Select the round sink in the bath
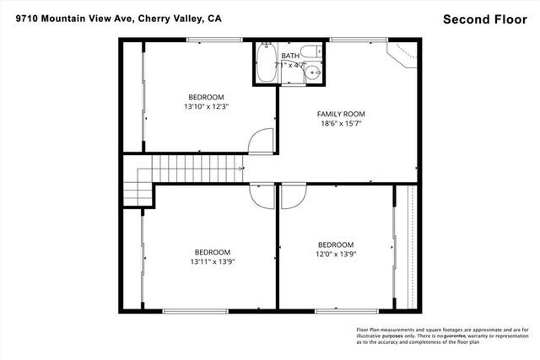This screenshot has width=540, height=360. point(315,73)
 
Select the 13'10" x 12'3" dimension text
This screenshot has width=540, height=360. point(207,106)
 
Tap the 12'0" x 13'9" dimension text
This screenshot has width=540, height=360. point(336,254)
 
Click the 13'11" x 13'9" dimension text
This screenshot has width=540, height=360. point(213,261)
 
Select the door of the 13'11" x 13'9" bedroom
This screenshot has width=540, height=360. point(262,196)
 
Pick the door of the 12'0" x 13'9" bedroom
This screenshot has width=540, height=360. point(293,196)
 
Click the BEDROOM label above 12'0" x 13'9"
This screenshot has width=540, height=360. point(336,244)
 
